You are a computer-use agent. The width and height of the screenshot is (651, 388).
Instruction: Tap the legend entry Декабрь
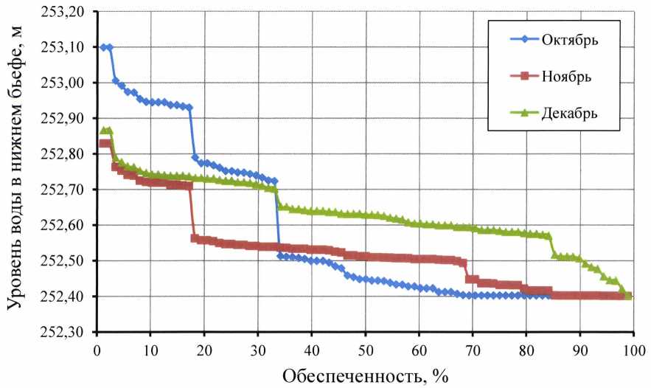coord(568,113)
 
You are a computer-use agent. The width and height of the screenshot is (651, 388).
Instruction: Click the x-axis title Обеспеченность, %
coord(365,375)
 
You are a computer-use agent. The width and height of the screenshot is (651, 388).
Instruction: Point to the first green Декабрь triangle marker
coord(103,131)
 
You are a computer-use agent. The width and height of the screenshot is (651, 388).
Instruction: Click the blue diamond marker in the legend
coord(515,40)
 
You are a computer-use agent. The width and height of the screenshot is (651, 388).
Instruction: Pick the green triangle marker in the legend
coord(515,113)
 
